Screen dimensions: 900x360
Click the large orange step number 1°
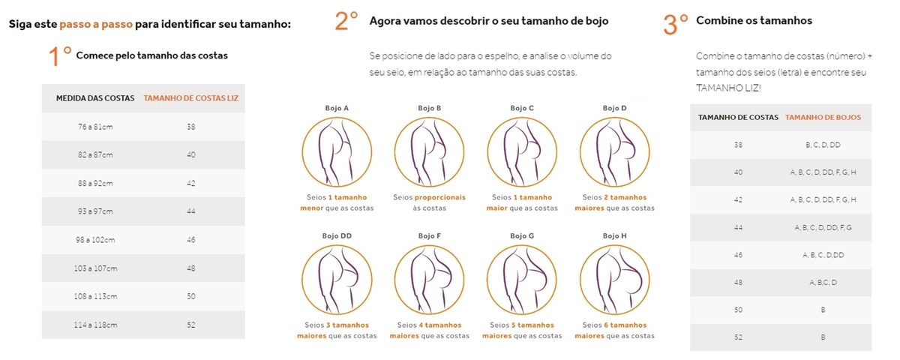pyautogui.click(x=60, y=55)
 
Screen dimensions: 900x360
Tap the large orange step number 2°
pyautogui.click(x=346, y=21)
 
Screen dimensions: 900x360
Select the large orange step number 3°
pyautogui.click(x=676, y=25)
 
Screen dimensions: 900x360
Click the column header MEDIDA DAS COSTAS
pyautogui.click(x=95, y=98)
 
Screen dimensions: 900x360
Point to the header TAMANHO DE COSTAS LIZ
pyautogui.click(x=190, y=98)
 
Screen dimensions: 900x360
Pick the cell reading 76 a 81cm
pyautogui.click(x=95, y=127)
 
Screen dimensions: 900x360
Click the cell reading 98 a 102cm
pyautogui.click(x=95, y=240)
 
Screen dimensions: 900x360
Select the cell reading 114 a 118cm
pyautogui.click(x=95, y=325)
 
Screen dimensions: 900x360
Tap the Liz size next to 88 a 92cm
pyautogui.click(x=190, y=183)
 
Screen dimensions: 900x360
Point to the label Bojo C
pyautogui.click(x=522, y=108)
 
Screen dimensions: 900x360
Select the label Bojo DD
pyautogui.click(x=337, y=235)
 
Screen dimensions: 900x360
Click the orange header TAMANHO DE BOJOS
pyautogui.click(x=823, y=117)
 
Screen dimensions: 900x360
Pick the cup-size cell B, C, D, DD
pyautogui.click(x=823, y=145)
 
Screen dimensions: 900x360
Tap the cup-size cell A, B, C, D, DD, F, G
pyautogui.click(x=823, y=227)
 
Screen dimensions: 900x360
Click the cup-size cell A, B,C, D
pyautogui.click(x=823, y=283)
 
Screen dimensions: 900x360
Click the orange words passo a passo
pyautogui.click(x=96, y=24)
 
